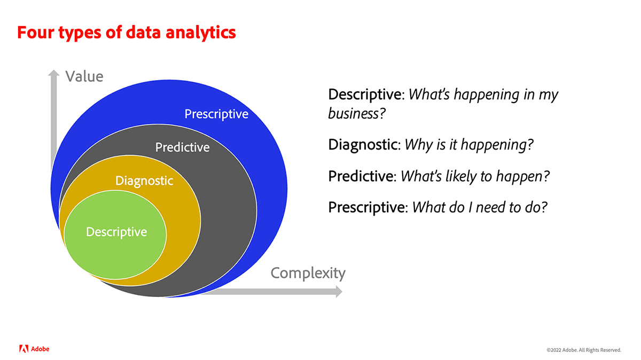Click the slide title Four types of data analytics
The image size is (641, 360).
click(x=127, y=33)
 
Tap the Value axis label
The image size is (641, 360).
click(x=84, y=76)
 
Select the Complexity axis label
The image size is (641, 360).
click(x=308, y=273)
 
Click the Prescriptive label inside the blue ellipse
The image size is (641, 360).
click(x=216, y=114)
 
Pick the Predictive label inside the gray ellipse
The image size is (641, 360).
click(x=182, y=147)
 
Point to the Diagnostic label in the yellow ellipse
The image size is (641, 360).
click(x=144, y=181)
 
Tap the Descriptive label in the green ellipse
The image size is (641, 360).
click(x=116, y=232)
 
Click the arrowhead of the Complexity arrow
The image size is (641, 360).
click(x=339, y=292)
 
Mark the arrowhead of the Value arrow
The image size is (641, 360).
click(x=54, y=73)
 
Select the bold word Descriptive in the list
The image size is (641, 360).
click(x=365, y=95)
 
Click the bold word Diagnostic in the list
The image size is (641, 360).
click(x=363, y=145)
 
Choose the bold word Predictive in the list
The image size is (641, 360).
click(x=361, y=176)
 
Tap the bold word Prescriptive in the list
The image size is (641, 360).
click(x=366, y=207)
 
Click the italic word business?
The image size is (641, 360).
click(x=357, y=113)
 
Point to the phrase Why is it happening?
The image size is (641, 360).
click(x=469, y=145)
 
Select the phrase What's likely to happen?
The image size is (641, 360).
click(x=475, y=176)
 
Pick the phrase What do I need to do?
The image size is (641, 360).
click(x=480, y=207)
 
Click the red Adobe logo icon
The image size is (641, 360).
click(x=24, y=349)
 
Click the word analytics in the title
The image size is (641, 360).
click(x=201, y=33)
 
